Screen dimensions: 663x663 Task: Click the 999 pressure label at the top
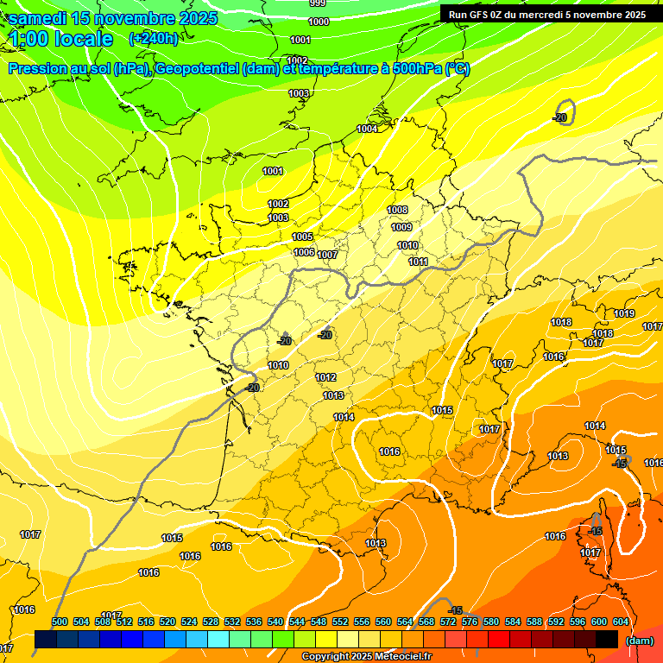pyautogui.click(x=318, y=3)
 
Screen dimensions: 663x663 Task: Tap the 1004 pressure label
pyautogui.click(x=368, y=129)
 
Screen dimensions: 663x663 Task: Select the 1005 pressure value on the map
pyautogui.click(x=302, y=237)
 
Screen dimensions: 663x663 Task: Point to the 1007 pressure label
pyautogui.click(x=327, y=255)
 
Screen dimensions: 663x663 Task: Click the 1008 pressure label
pyautogui.click(x=397, y=210)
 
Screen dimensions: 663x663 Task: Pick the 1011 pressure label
pyautogui.click(x=419, y=262)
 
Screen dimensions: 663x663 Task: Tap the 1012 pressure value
pyautogui.click(x=325, y=377)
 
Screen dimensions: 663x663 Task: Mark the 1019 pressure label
pyautogui.click(x=624, y=313)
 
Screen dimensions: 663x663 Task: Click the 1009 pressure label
pyautogui.click(x=401, y=227)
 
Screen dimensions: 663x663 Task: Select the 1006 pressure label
pyautogui.click(x=304, y=252)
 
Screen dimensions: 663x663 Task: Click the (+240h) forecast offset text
pyautogui.click(x=154, y=38)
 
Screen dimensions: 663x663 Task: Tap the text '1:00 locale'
pyautogui.click(x=61, y=39)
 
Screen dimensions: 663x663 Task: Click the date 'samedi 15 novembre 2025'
pyautogui.click(x=113, y=18)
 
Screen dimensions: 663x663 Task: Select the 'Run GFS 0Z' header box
pyautogui.click(x=547, y=14)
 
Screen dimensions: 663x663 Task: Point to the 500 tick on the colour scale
pyautogui.click(x=60, y=622)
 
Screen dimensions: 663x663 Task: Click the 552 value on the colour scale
pyautogui.click(x=340, y=622)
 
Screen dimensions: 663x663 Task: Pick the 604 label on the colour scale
pyautogui.click(x=621, y=622)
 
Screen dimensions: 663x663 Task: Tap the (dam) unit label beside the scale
pyautogui.click(x=640, y=641)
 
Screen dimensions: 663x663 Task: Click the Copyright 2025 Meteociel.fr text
pyautogui.click(x=366, y=656)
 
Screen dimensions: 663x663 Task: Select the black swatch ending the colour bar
pyautogui.click(x=607, y=640)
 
